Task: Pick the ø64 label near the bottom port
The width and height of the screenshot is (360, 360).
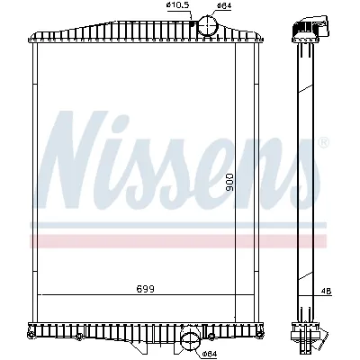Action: pyautogui.click(x=210, y=354)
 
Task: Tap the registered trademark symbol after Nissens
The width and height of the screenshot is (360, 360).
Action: pyautogui.click(x=324, y=142)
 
